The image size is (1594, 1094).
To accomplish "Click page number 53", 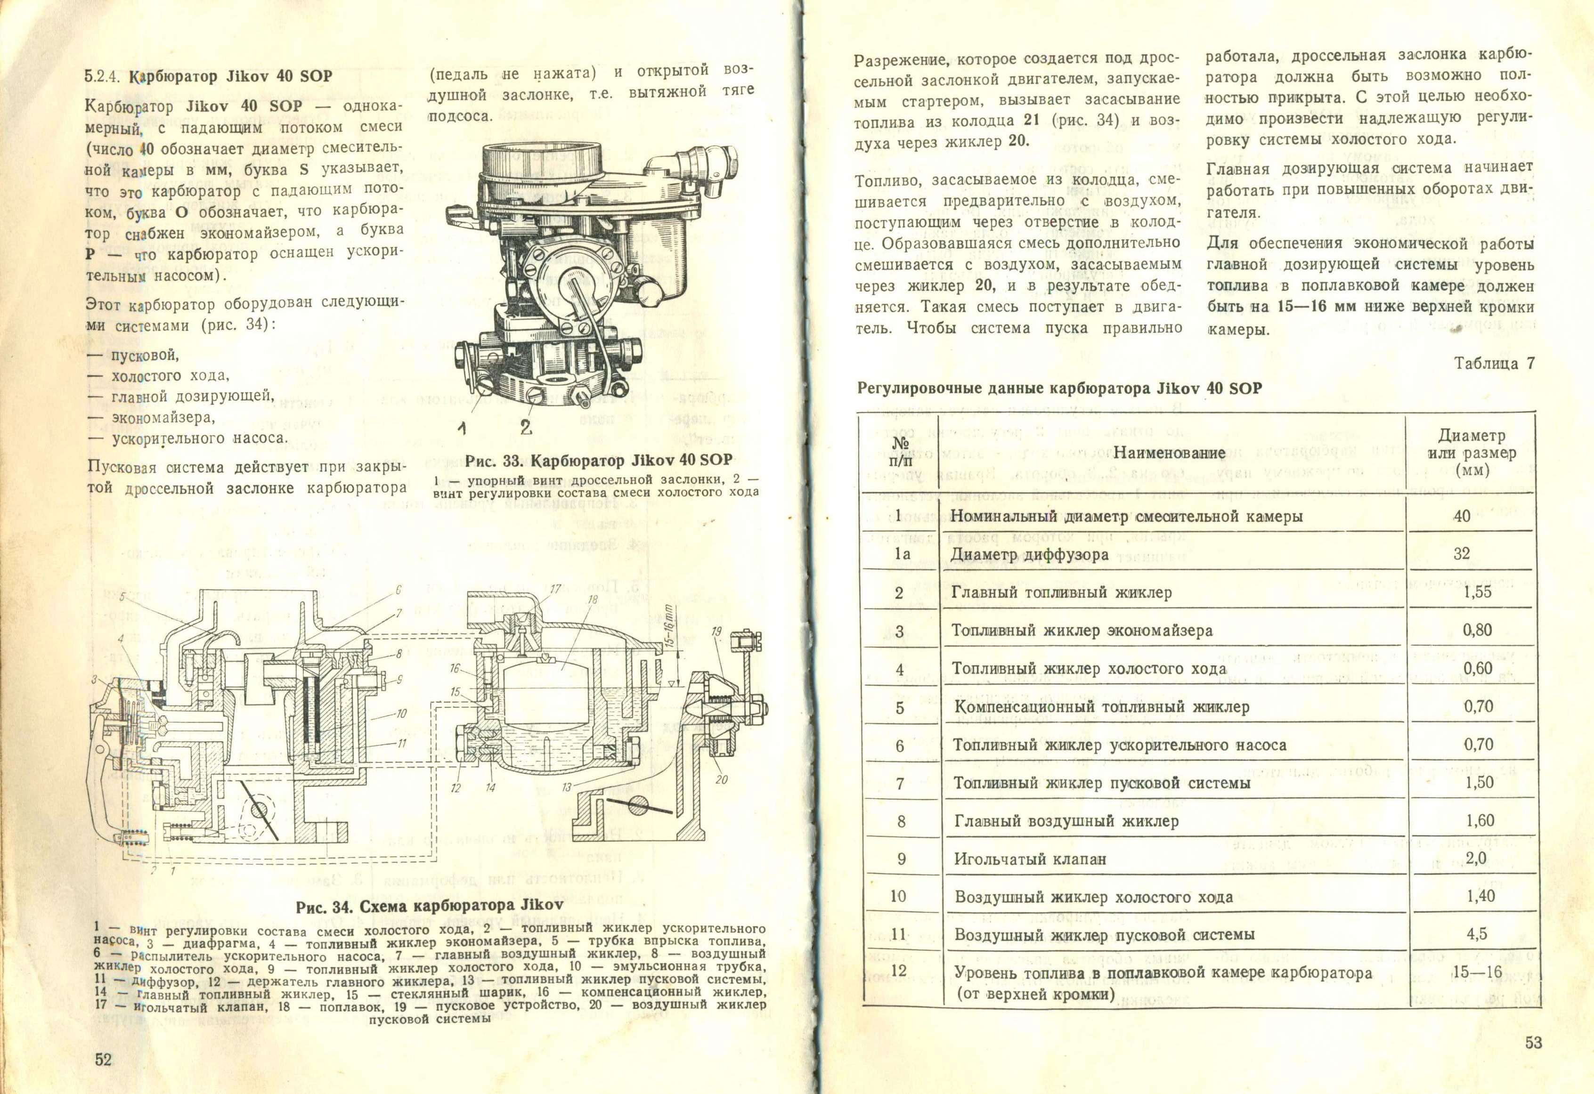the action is coord(1534,1043).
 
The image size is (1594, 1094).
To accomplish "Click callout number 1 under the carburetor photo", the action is coord(463,429).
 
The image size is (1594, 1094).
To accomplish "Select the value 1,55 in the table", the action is coord(1478,592).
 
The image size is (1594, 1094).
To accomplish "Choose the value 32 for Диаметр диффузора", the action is coord(1462,553).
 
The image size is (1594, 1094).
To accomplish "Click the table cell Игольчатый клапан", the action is coord(1030,859).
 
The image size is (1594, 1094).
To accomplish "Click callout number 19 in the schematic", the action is coord(717,630).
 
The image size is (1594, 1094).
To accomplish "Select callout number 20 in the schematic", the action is coord(721,779).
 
